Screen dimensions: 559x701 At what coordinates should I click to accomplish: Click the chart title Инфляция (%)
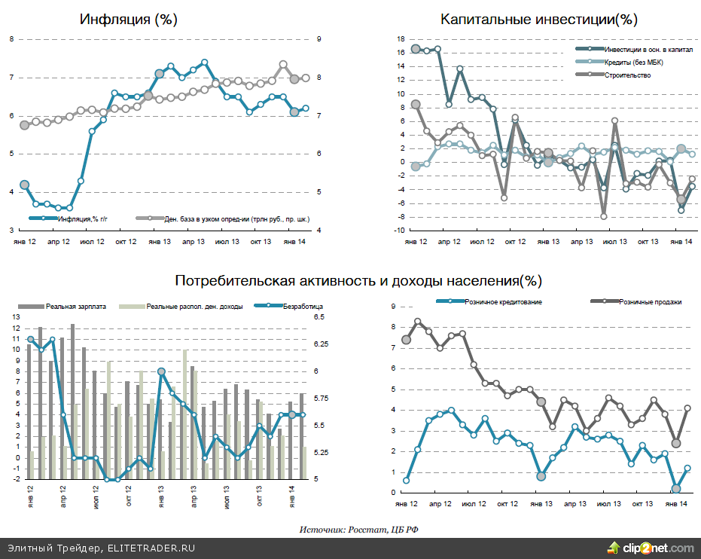click(x=128, y=19)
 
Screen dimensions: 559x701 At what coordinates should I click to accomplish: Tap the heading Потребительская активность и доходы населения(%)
click(x=358, y=281)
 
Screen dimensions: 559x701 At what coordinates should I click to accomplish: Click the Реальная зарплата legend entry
click(x=76, y=306)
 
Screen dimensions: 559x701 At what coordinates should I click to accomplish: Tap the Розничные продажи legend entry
click(x=650, y=301)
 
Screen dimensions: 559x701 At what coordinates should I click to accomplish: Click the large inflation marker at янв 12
click(x=24, y=185)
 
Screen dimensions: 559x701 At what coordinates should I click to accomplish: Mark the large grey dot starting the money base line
click(x=24, y=124)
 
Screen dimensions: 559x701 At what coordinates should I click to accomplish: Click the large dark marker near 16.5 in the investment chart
click(x=415, y=50)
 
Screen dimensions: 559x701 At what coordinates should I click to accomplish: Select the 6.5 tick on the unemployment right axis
click(x=318, y=318)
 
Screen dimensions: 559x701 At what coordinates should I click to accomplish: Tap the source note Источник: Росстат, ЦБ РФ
click(x=358, y=530)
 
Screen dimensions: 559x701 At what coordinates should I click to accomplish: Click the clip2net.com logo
click(x=651, y=548)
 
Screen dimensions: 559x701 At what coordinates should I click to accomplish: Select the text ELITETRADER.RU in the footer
click(x=151, y=548)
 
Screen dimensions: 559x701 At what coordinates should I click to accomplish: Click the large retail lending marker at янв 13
click(x=541, y=476)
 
